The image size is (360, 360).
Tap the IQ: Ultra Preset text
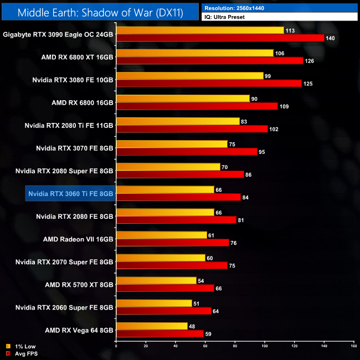tap(224, 17)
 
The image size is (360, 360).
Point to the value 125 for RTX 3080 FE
tap(308, 84)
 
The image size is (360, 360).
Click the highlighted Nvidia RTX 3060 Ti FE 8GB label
tap(70, 193)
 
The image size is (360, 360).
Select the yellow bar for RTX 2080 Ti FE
tap(178, 121)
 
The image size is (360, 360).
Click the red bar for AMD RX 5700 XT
tap(165, 288)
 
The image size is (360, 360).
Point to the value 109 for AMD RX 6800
tap(285, 106)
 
